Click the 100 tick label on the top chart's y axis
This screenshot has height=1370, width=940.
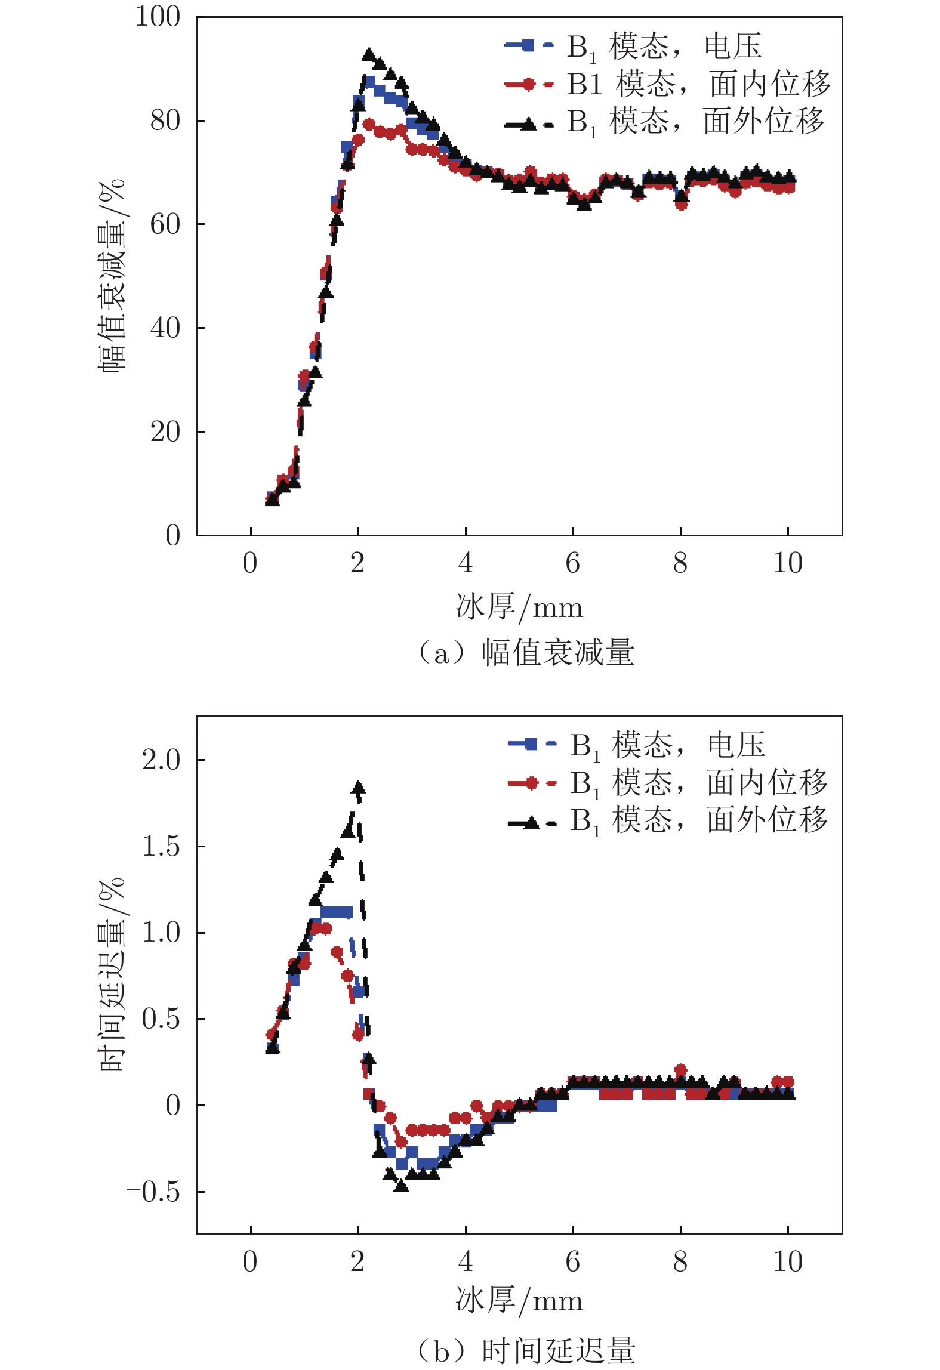click(158, 17)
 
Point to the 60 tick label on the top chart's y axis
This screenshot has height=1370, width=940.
click(165, 224)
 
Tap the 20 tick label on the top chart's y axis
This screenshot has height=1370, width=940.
click(165, 431)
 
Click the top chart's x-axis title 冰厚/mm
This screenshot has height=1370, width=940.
click(519, 607)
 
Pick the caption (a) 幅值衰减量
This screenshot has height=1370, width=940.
click(525, 652)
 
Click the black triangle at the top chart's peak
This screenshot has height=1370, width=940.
click(369, 54)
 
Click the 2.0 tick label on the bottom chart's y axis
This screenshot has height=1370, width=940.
click(161, 760)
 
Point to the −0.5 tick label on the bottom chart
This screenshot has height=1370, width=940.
click(153, 1192)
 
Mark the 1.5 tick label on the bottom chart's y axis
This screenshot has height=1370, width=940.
click(161, 847)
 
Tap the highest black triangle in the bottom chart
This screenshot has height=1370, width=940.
click(358, 788)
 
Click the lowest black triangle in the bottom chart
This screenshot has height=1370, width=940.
click(401, 1185)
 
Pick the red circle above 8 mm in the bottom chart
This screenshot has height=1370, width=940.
click(680, 1070)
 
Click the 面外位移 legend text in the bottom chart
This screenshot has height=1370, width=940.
click(767, 819)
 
